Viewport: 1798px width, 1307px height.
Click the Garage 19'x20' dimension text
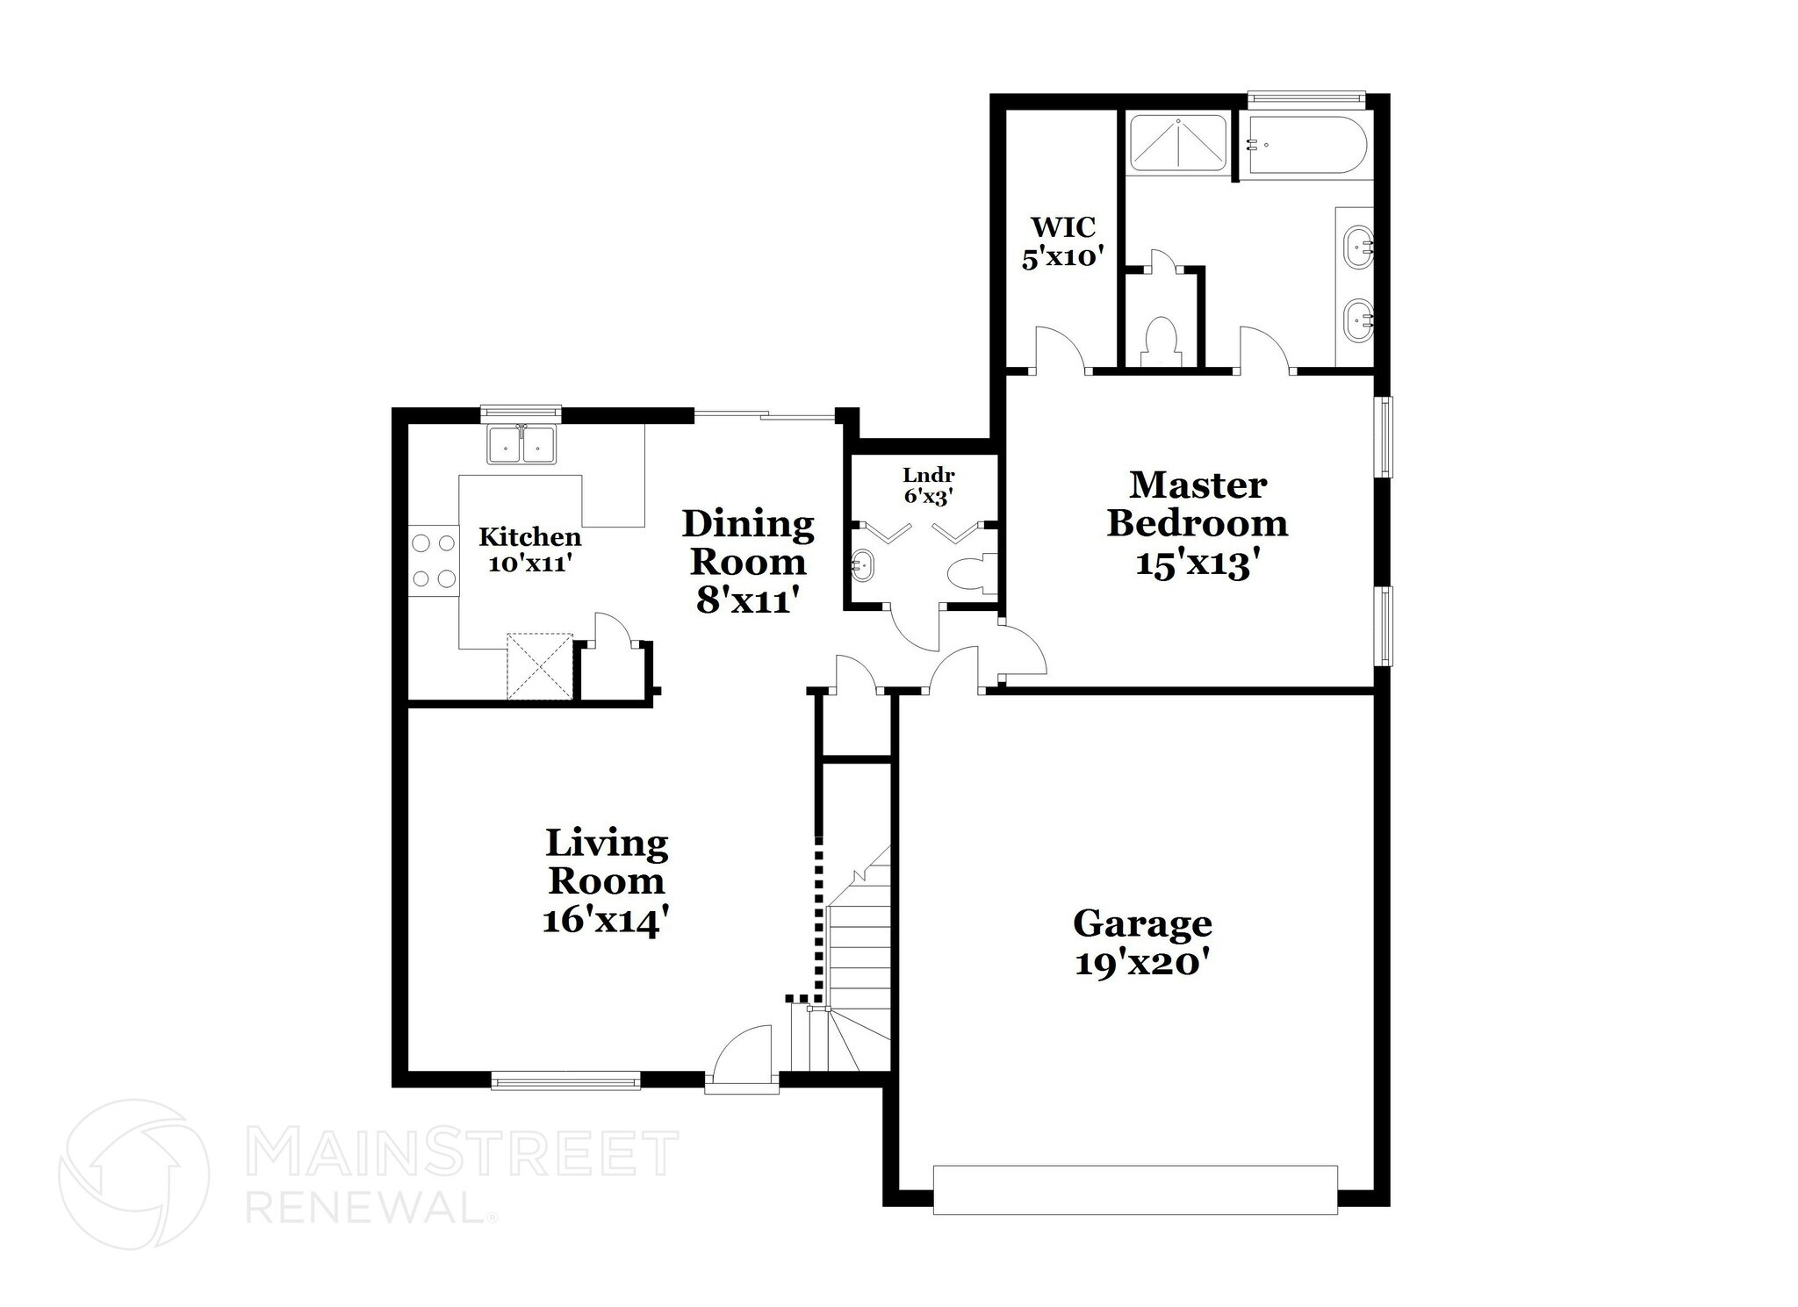[1143, 965]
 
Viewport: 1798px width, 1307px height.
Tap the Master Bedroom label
[1197, 504]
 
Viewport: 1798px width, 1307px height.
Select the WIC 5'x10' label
[1061, 241]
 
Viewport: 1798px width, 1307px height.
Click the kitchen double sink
[521, 444]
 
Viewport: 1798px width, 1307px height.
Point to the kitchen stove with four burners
[434, 560]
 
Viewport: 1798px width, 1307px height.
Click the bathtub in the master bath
[1305, 145]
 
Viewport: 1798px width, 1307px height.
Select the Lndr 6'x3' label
[928, 485]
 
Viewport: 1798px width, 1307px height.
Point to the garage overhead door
[1134, 1189]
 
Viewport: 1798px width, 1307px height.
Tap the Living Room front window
[565, 1081]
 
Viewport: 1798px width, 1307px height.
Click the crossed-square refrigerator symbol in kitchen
[539, 664]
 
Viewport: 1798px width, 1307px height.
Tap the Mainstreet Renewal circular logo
[133, 1174]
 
